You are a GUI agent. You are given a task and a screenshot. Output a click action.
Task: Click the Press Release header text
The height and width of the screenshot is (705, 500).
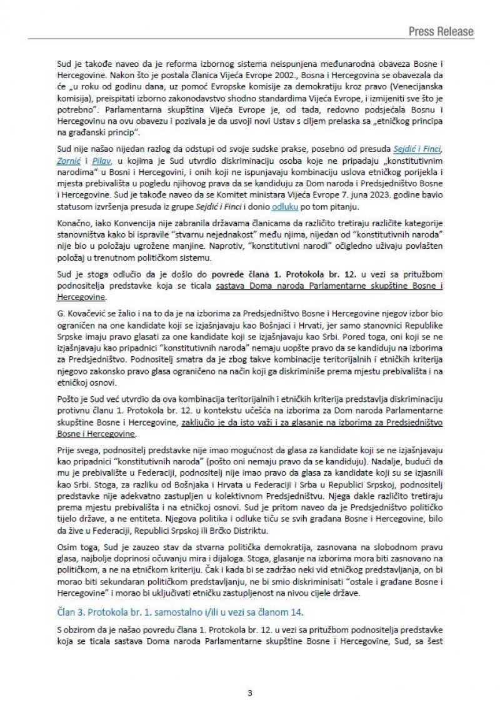pos(441,31)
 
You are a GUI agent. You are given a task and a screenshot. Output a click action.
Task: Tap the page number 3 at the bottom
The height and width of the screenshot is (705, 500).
pos(250,674)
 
